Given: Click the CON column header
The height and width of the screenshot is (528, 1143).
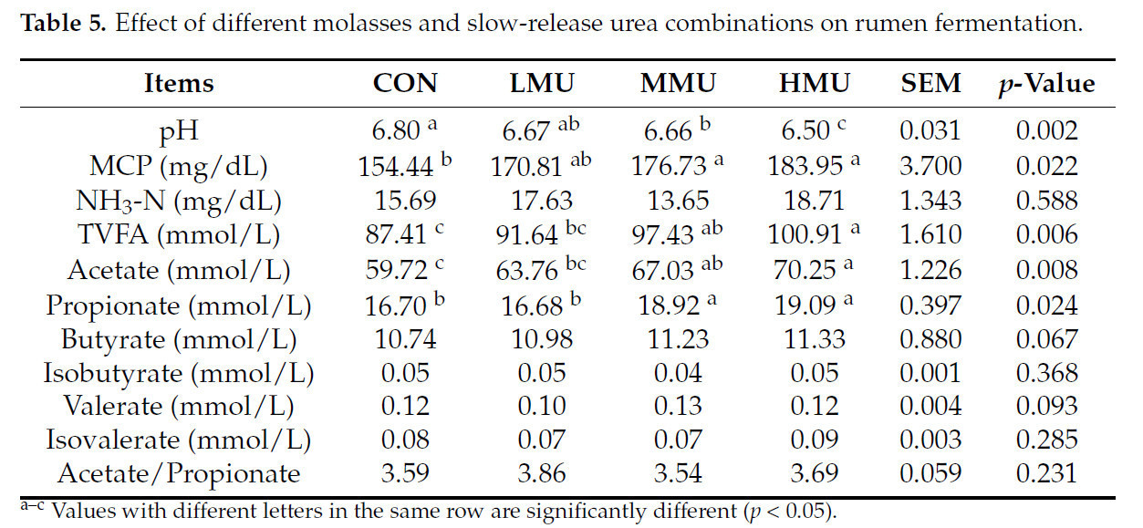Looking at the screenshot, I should coord(404,84).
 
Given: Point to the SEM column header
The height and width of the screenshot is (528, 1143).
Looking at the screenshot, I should coord(930,84).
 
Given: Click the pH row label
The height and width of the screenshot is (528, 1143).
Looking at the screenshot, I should coord(179,130).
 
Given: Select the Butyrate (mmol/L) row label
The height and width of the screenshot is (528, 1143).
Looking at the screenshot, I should coord(179,339).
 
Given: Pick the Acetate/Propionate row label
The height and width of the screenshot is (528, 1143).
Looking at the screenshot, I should coord(179,474).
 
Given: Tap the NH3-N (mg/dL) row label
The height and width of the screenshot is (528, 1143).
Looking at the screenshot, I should coord(179,201).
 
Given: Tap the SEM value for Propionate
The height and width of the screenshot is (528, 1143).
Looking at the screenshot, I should coord(930,305).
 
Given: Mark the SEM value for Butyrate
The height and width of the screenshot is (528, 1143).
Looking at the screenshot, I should coord(930,339).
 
